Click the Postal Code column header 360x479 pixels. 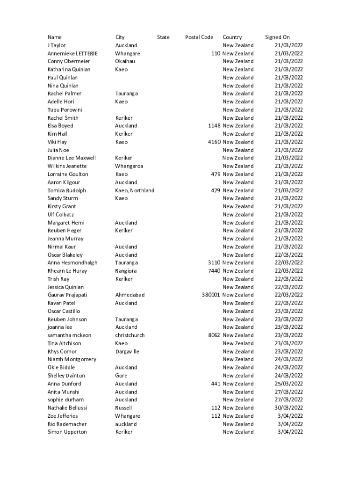pyautogui.click(x=199, y=37)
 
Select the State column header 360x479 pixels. pyautogui.click(x=163, y=37)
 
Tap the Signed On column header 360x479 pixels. pyautogui.click(x=277, y=37)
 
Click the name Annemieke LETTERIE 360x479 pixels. pyautogui.click(x=72, y=53)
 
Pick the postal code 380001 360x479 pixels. pyautogui.click(x=211, y=295)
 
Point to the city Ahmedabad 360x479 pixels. pyautogui.click(x=130, y=295)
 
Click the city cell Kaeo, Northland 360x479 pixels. pyautogui.click(x=135, y=190)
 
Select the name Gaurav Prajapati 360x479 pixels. pyautogui.click(x=67, y=295)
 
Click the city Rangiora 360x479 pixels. pyautogui.click(x=126, y=271)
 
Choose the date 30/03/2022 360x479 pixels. pyautogui.click(x=288, y=407)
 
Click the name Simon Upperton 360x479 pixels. pyautogui.click(x=67, y=432)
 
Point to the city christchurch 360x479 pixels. pyautogui.click(x=130, y=335)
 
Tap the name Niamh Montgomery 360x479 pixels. pyautogui.click(x=72, y=359)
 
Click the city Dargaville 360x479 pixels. pyautogui.click(x=127, y=351)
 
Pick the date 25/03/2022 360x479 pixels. pyautogui.click(x=288, y=384)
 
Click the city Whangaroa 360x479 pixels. pyautogui.click(x=129, y=166)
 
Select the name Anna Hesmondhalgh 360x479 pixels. pyautogui.click(x=72, y=263)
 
